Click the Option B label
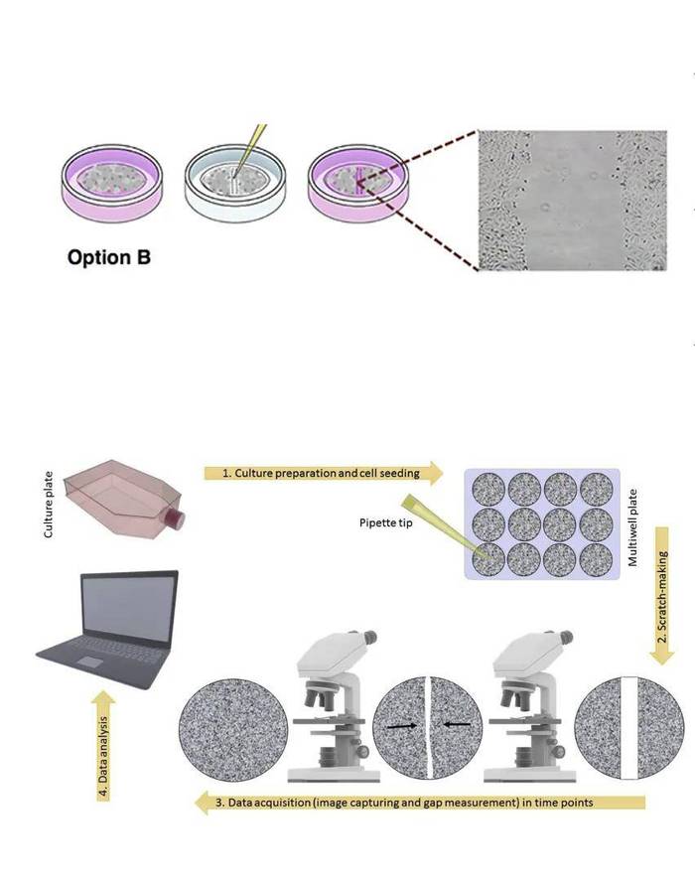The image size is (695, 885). click(109, 257)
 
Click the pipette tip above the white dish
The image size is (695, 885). click(250, 148)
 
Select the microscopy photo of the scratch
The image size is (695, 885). click(573, 201)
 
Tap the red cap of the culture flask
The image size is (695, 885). click(176, 517)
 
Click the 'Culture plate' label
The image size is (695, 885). click(49, 504)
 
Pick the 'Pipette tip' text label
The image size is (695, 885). click(386, 522)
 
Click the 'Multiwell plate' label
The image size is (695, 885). click(633, 527)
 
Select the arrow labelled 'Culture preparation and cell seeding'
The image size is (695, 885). click(324, 473)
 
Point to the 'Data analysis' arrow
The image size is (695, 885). click(103, 746)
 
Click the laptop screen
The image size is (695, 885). click(129, 609)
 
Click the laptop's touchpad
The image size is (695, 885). click(89, 662)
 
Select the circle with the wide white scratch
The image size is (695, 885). click(629, 728)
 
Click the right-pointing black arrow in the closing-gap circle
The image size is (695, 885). click(402, 726)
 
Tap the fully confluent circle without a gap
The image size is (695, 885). click(233, 730)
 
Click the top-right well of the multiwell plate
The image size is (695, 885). click(597, 489)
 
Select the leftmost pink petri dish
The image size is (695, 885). click(111, 183)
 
